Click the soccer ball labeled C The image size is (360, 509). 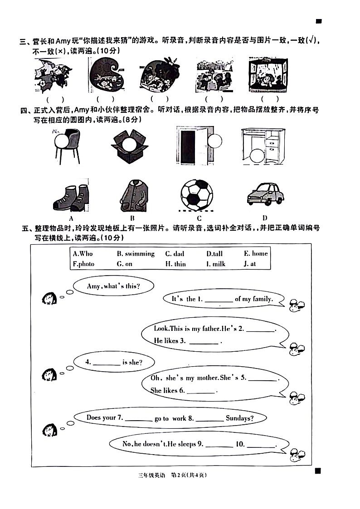coord(197,195)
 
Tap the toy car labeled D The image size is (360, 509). coord(266,194)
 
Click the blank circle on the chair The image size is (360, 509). coord(61,142)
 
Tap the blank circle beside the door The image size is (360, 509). coord(214,141)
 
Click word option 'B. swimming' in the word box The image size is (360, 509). coord(136,253)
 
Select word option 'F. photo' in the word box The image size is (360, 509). coord(83,264)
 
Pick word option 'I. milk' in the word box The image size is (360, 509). coord(216,264)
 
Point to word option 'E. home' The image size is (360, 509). coord(256,253)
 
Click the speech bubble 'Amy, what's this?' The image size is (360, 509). coord(113,286)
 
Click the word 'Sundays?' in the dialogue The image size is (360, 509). coord(239,418)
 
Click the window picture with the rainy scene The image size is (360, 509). coord(268,75)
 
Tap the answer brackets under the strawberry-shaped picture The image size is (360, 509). coord(160,99)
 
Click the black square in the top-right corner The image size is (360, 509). coord(319,21)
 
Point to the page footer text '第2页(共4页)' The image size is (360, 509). coord(189,475)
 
